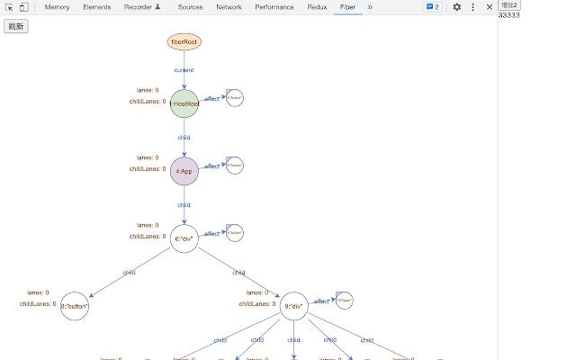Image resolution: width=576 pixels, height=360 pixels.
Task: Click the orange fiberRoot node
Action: tap(184, 41)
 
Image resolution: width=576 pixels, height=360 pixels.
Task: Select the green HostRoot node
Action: tap(184, 103)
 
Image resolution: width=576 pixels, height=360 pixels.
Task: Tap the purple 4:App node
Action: tap(184, 171)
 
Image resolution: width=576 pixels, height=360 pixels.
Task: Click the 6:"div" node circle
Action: tap(184, 238)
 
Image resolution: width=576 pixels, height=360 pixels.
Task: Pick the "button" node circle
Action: tap(75, 306)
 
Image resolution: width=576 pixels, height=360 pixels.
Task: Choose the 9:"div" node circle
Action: tap(293, 306)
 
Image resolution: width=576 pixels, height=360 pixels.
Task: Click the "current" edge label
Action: tap(184, 70)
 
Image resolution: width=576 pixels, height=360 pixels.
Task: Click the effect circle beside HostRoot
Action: tap(234, 97)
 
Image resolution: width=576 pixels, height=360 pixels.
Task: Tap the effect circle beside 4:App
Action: tap(234, 166)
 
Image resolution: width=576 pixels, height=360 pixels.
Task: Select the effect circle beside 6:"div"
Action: tap(234, 232)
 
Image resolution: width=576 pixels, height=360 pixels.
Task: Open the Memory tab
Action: tap(57, 7)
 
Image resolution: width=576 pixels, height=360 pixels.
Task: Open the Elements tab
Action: tap(96, 7)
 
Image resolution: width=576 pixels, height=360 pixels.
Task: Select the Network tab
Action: tap(229, 7)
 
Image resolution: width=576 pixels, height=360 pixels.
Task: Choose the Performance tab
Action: tap(274, 7)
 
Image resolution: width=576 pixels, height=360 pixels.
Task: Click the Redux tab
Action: tap(316, 7)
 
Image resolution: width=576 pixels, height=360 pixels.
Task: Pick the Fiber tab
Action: tap(347, 7)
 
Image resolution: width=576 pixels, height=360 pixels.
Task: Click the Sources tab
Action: tap(190, 7)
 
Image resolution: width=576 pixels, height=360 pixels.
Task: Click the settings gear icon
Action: tap(456, 7)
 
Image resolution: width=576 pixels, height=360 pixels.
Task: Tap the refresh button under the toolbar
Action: tap(16, 26)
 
